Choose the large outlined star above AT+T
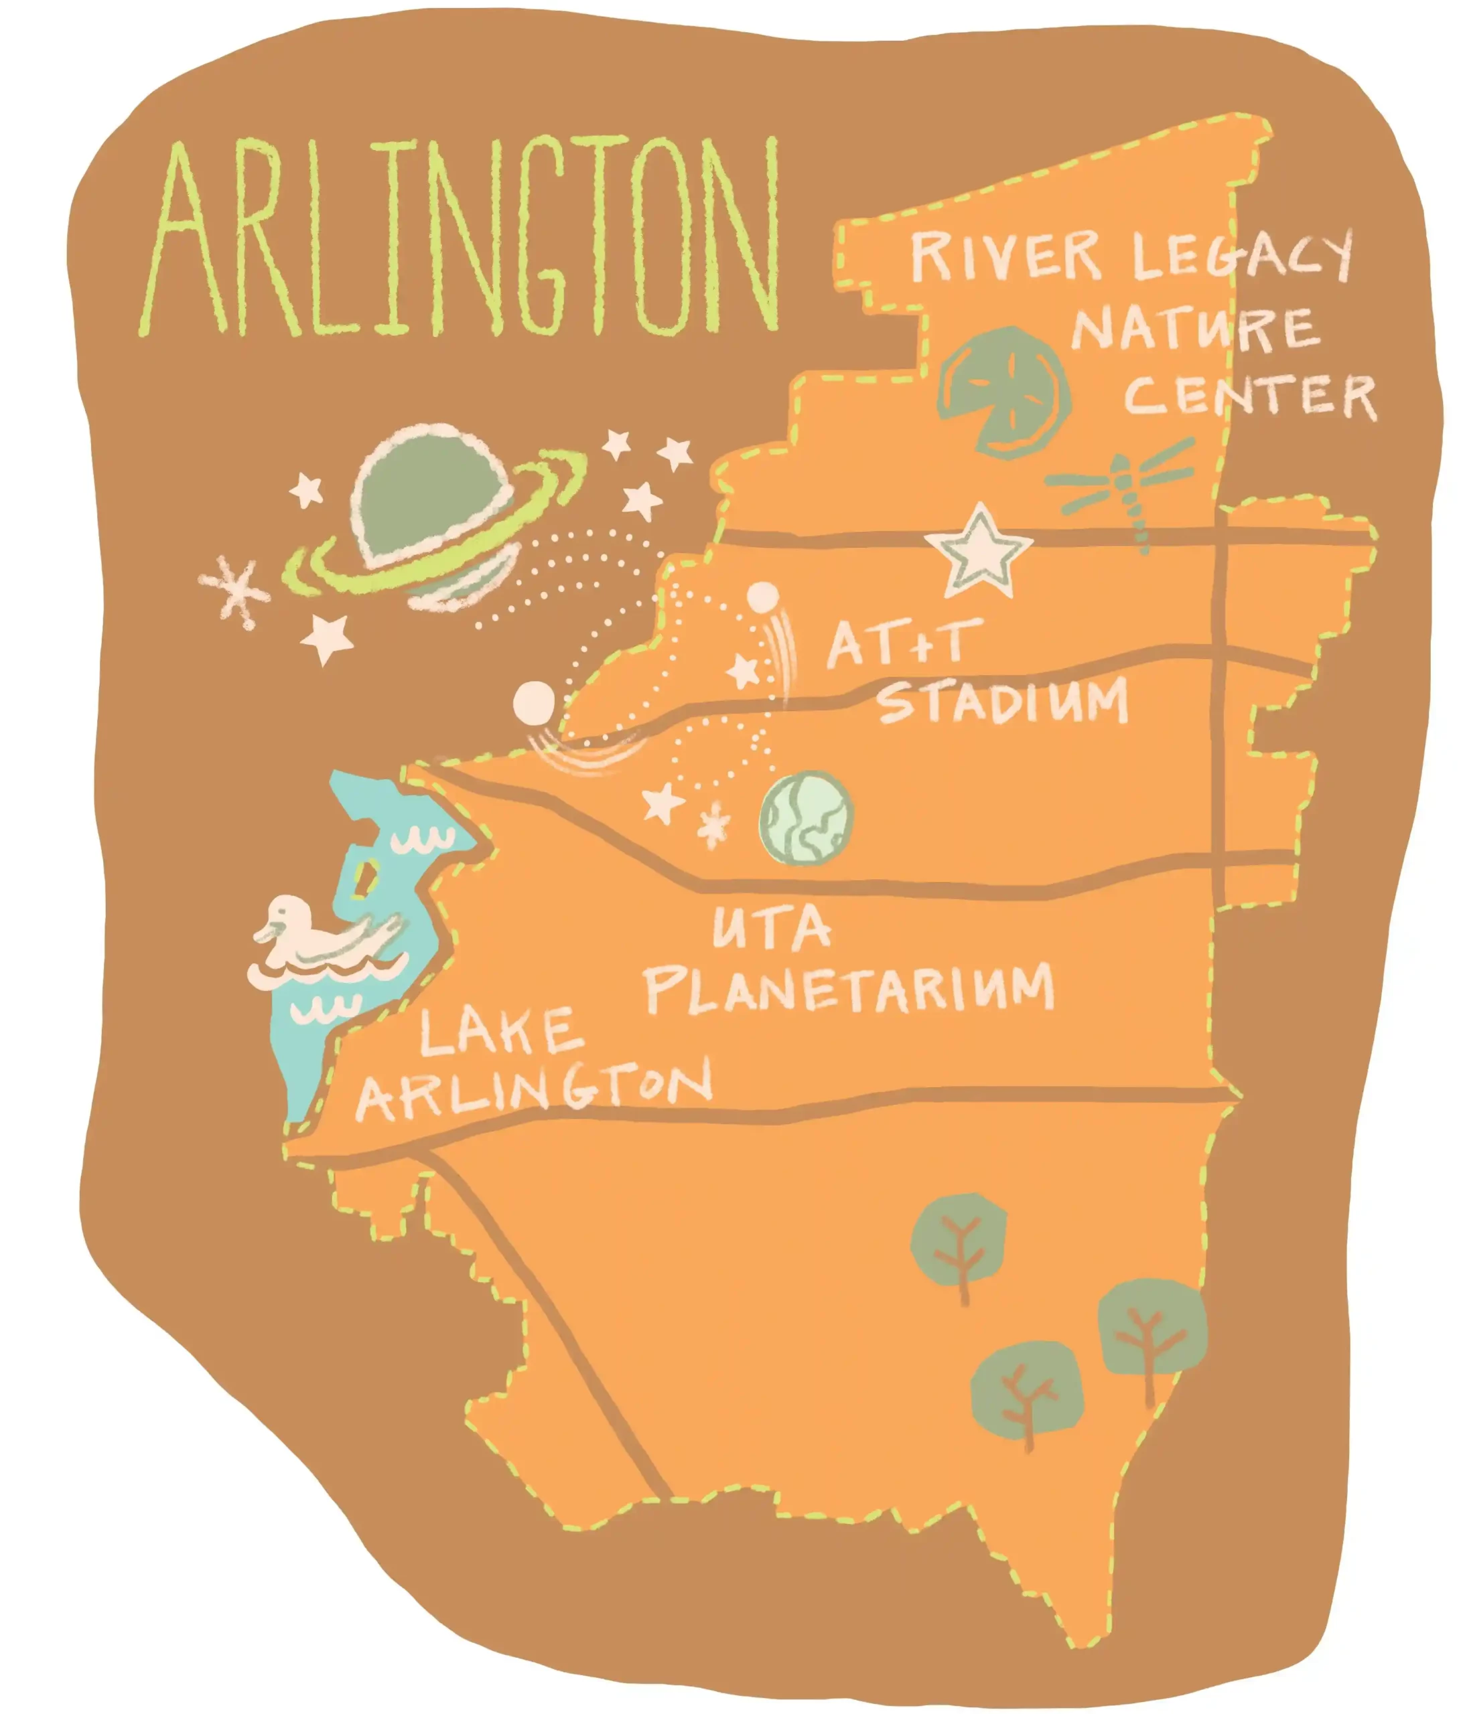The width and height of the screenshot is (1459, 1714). click(x=980, y=550)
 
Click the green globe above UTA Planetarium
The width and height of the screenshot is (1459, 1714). click(x=806, y=819)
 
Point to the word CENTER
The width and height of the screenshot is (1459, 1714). click(x=1249, y=397)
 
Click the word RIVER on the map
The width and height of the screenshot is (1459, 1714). click(x=1005, y=256)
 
